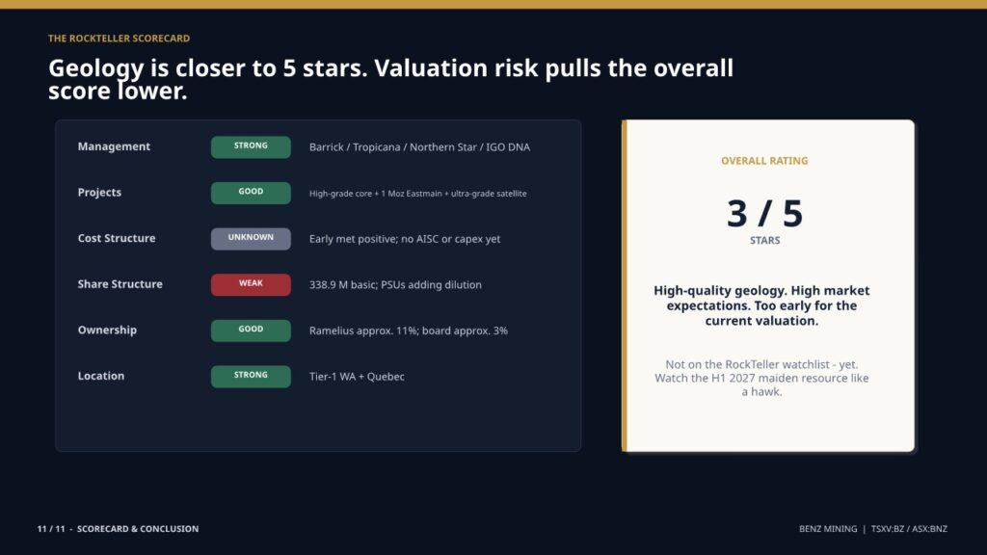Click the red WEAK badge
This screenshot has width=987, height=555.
(251, 284)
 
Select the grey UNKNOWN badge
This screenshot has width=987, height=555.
(251, 239)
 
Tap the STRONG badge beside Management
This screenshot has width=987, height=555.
(251, 146)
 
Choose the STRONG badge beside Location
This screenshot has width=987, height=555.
(251, 377)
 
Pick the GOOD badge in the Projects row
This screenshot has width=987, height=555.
(251, 193)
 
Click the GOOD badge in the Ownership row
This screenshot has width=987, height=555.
(251, 330)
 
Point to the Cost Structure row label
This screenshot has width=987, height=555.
(117, 239)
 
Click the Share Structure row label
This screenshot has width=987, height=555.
(120, 284)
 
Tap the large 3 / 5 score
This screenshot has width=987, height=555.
(764, 213)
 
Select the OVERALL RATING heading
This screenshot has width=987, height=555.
(764, 161)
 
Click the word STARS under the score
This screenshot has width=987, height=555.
(764, 240)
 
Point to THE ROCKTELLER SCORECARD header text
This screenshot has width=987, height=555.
(119, 39)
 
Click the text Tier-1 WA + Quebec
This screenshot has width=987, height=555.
(357, 377)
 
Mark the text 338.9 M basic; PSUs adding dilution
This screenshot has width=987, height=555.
(395, 285)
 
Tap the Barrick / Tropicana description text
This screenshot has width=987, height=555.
(420, 147)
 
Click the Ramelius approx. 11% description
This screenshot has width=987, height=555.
(409, 331)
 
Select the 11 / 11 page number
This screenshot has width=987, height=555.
(51, 529)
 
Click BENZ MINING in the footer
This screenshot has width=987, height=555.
(828, 529)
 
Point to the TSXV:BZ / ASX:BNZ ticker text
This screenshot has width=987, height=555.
(909, 529)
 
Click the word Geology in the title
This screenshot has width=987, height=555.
(96, 68)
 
